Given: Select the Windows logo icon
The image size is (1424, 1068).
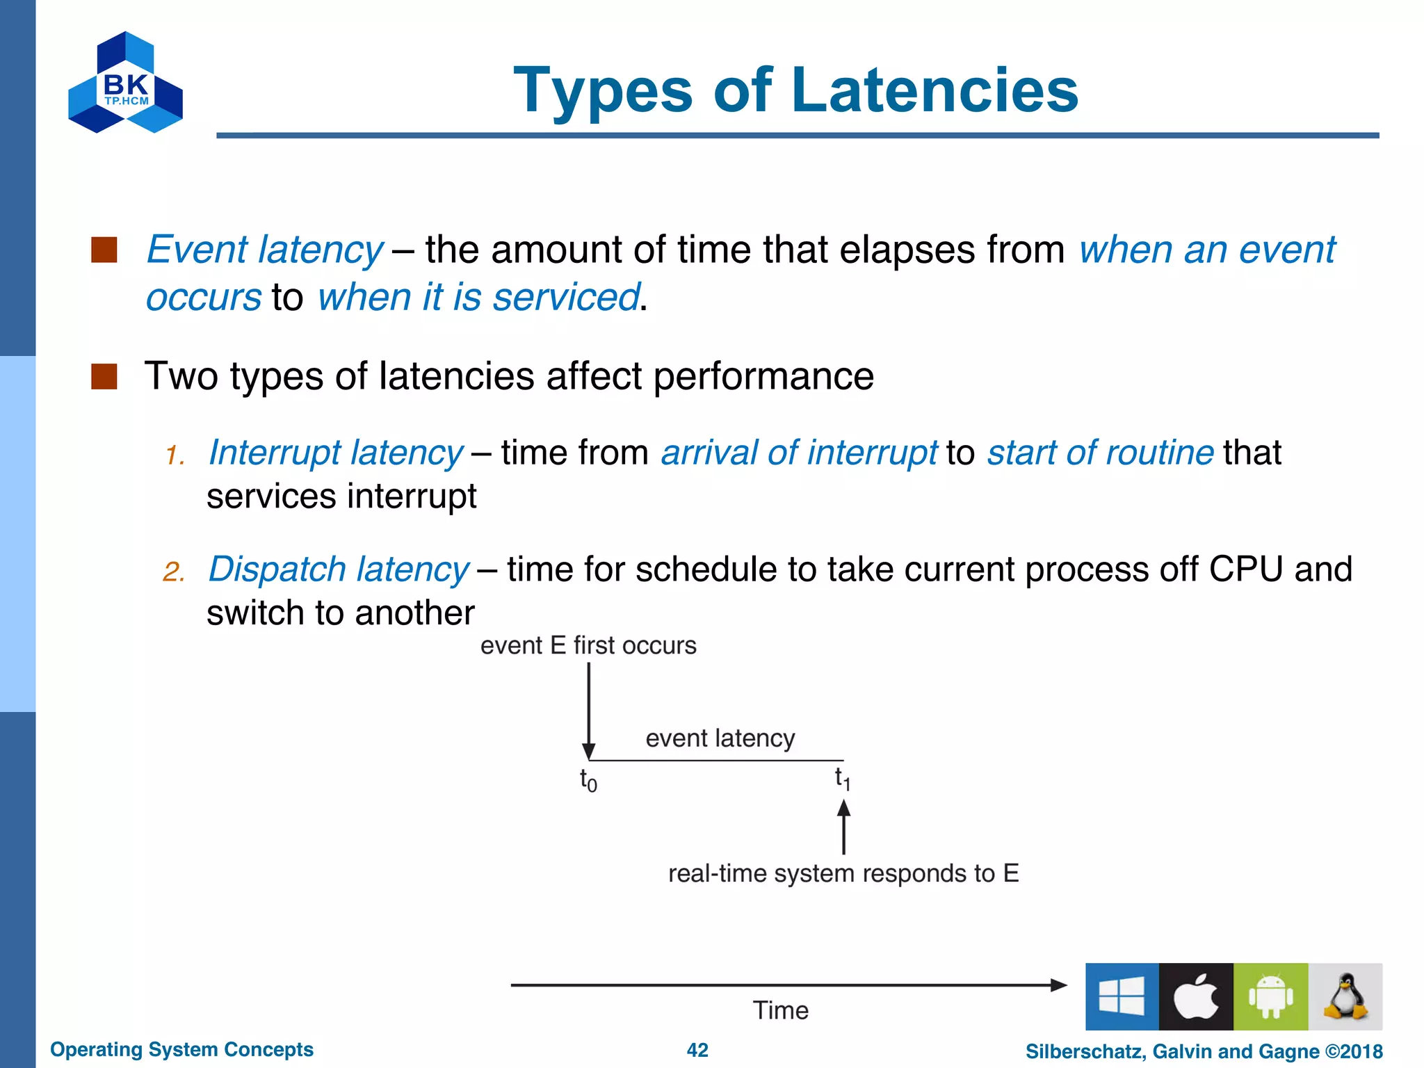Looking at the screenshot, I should tap(1122, 996).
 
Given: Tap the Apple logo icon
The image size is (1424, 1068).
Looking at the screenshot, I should tap(1196, 996).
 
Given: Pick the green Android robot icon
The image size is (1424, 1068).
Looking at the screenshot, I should tap(1270, 996).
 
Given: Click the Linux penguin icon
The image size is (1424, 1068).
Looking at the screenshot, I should tap(1345, 996).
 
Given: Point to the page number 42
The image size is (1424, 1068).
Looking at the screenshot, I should tap(697, 1050).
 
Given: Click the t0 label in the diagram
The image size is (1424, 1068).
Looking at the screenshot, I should tap(588, 780).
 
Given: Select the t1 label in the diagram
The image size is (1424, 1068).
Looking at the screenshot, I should tap(843, 778).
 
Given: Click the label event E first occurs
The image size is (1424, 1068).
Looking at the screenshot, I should tap(588, 646).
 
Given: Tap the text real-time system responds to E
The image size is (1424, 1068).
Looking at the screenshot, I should tap(843, 873).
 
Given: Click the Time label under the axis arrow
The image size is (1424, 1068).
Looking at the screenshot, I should tap(780, 1010).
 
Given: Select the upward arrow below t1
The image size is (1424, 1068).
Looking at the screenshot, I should tap(843, 827).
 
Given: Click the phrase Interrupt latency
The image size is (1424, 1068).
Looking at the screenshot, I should tap(336, 453).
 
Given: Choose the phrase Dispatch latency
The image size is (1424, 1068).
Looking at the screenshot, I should tap(339, 569).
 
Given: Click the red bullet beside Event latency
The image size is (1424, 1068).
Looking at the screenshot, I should tap(104, 250).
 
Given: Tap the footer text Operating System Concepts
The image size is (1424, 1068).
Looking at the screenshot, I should tap(181, 1049).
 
